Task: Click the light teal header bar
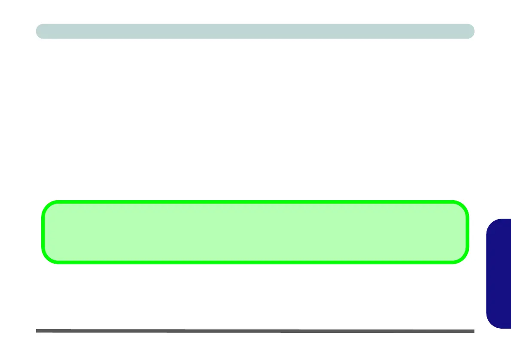click(x=255, y=31)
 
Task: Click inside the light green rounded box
click(x=255, y=232)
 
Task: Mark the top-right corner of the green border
click(x=463, y=206)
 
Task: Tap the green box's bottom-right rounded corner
click(x=463, y=258)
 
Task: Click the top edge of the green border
click(x=255, y=201)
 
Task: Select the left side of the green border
click(x=43, y=232)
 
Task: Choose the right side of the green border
click(x=467, y=232)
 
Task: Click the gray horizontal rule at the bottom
click(x=255, y=331)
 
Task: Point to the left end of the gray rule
click(x=37, y=331)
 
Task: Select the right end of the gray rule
click(x=473, y=331)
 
